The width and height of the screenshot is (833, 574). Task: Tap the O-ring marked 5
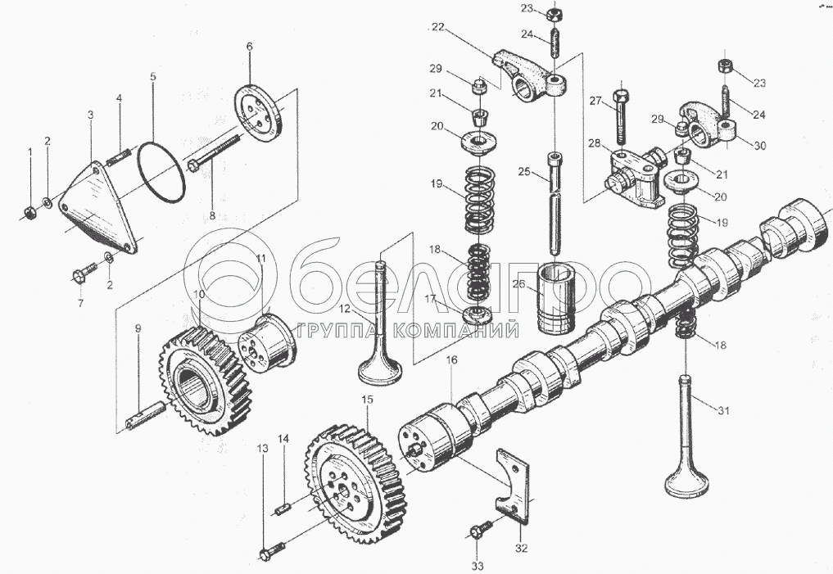(x=161, y=171)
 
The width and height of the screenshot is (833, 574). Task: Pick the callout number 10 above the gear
(x=199, y=293)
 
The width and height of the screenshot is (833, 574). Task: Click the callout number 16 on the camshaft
(x=451, y=360)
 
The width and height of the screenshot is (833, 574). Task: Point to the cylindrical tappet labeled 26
(x=555, y=298)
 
